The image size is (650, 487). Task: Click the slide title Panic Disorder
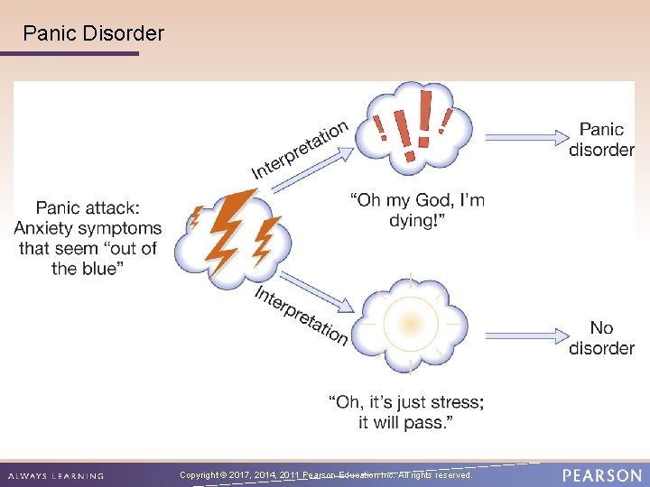coord(94,34)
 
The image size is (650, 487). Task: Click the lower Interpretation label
coord(301,316)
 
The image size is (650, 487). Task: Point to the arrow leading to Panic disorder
coord(524,137)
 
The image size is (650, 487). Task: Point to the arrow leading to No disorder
coord(524,335)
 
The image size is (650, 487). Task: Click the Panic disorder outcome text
coord(601,140)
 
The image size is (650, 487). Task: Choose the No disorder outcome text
coord(601,338)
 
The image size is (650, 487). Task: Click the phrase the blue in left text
coord(84,268)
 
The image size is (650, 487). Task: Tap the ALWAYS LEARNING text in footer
coord(55,475)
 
